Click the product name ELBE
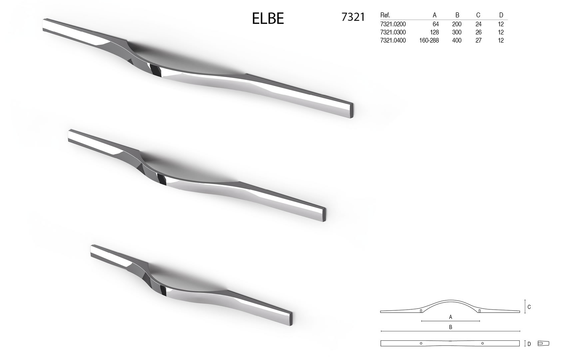tap(268, 19)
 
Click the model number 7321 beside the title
tap(353, 17)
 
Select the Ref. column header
tap(385, 15)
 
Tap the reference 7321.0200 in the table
tap(393, 24)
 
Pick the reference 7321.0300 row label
tap(393, 32)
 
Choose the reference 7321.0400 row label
tap(393, 40)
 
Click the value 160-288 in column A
tap(429, 40)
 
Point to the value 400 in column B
tap(457, 40)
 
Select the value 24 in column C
tap(478, 24)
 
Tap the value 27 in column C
tap(478, 40)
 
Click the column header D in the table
tap(501, 15)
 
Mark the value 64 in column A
tap(435, 24)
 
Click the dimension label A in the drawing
tap(450, 317)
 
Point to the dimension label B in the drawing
tap(450, 327)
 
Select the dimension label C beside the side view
tap(529, 307)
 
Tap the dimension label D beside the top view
tap(529, 344)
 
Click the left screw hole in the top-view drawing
tap(421, 343)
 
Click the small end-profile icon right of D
tap(543, 343)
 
